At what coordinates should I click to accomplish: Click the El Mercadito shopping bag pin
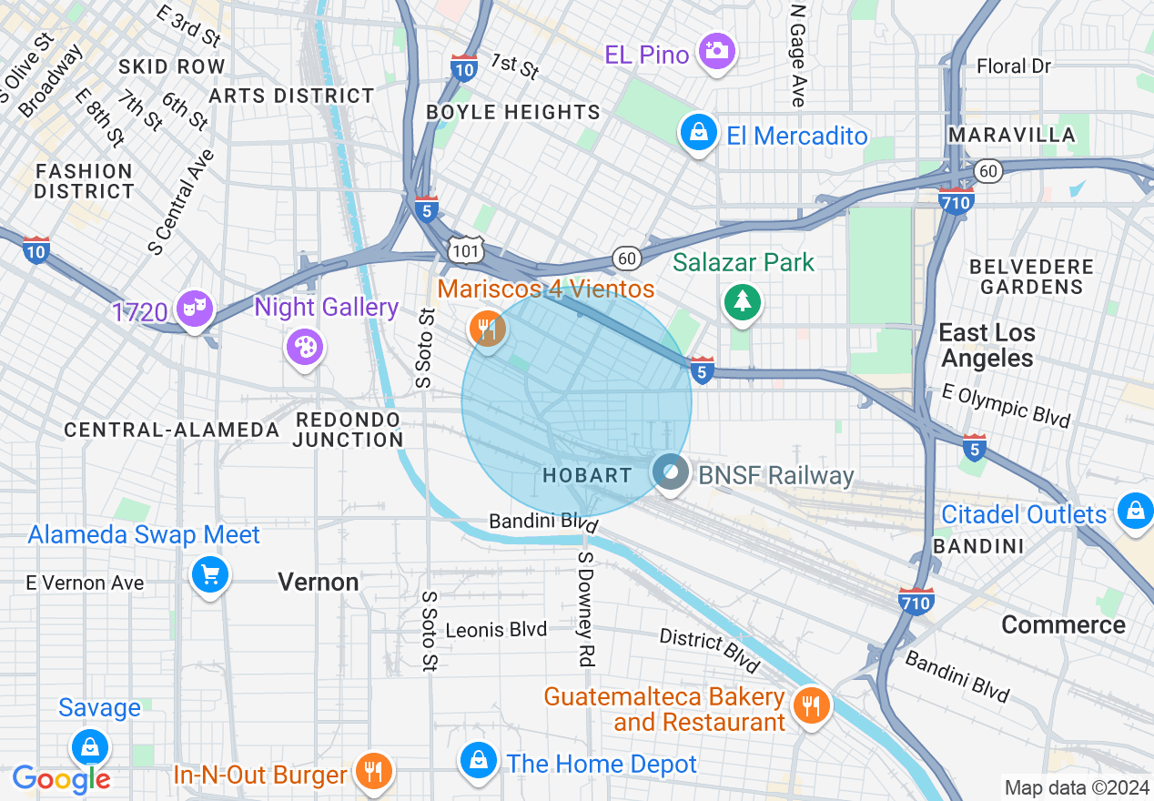[697, 135]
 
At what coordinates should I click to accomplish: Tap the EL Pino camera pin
[717, 51]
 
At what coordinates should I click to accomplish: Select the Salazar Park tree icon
[744, 301]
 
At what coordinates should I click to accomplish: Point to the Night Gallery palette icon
[304, 347]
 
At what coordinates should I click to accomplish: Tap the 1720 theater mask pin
[195, 309]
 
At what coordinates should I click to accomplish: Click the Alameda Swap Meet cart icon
[210, 574]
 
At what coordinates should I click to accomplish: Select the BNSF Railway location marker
[671, 473]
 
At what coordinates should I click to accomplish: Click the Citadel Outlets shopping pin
[1135, 511]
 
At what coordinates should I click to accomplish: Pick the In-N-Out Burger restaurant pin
[373, 771]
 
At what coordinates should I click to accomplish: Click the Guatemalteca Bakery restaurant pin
[809, 705]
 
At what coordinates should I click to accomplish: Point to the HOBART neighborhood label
[586, 475]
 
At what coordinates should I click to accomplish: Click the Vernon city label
[319, 583]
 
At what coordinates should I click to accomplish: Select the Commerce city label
[1063, 625]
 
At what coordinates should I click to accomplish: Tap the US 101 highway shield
[465, 249]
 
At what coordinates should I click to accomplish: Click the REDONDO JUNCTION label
[348, 430]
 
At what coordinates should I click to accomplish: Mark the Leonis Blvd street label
[496, 630]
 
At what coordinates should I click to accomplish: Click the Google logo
[62, 779]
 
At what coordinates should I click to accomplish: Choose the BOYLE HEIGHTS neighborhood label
[513, 113]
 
